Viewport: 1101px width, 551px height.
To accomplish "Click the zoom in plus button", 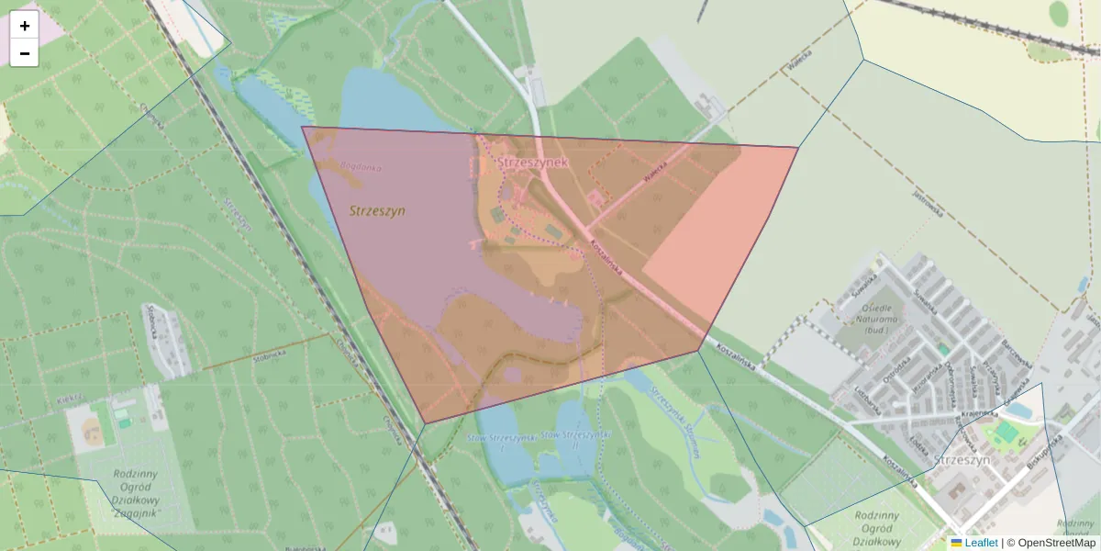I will click(x=25, y=26).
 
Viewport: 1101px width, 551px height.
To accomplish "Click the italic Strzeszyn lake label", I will click(x=377, y=211).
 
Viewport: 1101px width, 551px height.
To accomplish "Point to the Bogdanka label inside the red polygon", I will click(x=360, y=167).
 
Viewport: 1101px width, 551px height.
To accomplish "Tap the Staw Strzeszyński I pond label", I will click(x=500, y=438).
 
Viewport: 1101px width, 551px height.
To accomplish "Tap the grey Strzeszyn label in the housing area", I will click(x=962, y=459).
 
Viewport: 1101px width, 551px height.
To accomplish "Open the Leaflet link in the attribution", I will click(x=981, y=543).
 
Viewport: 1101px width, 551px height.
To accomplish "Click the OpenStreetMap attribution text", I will click(x=1056, y=543).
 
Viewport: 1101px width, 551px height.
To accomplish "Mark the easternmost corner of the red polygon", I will click(x=798, y=147).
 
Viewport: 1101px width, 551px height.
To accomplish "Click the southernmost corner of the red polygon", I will click(x=426, y=423).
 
